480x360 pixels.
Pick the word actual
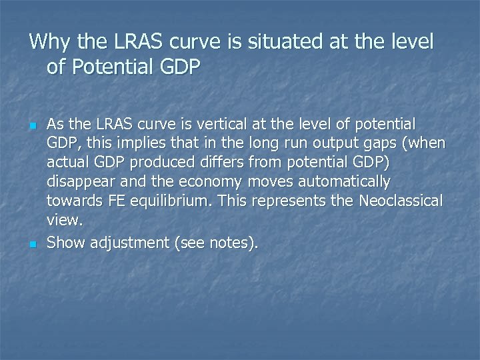67,162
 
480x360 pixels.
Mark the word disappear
79,181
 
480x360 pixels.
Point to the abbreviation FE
117,201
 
